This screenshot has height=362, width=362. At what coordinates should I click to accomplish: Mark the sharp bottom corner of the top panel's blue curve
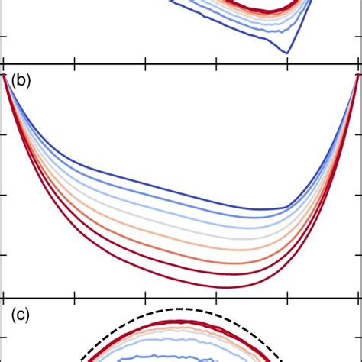click(x=287, y=52)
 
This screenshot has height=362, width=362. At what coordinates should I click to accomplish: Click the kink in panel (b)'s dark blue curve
click(x=288, y=206)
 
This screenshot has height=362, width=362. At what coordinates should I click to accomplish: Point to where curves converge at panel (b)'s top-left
click(x=5, y=75)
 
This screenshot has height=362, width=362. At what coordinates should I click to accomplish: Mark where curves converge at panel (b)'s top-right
click(x=357, y=75)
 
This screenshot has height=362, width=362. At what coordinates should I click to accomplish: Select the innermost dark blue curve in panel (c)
click(x=153, y=356)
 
